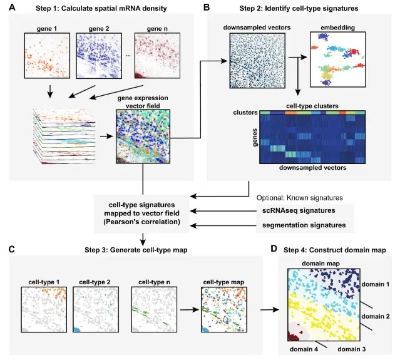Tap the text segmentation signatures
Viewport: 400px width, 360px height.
[302, 225]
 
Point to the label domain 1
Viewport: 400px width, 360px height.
[376, 283]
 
